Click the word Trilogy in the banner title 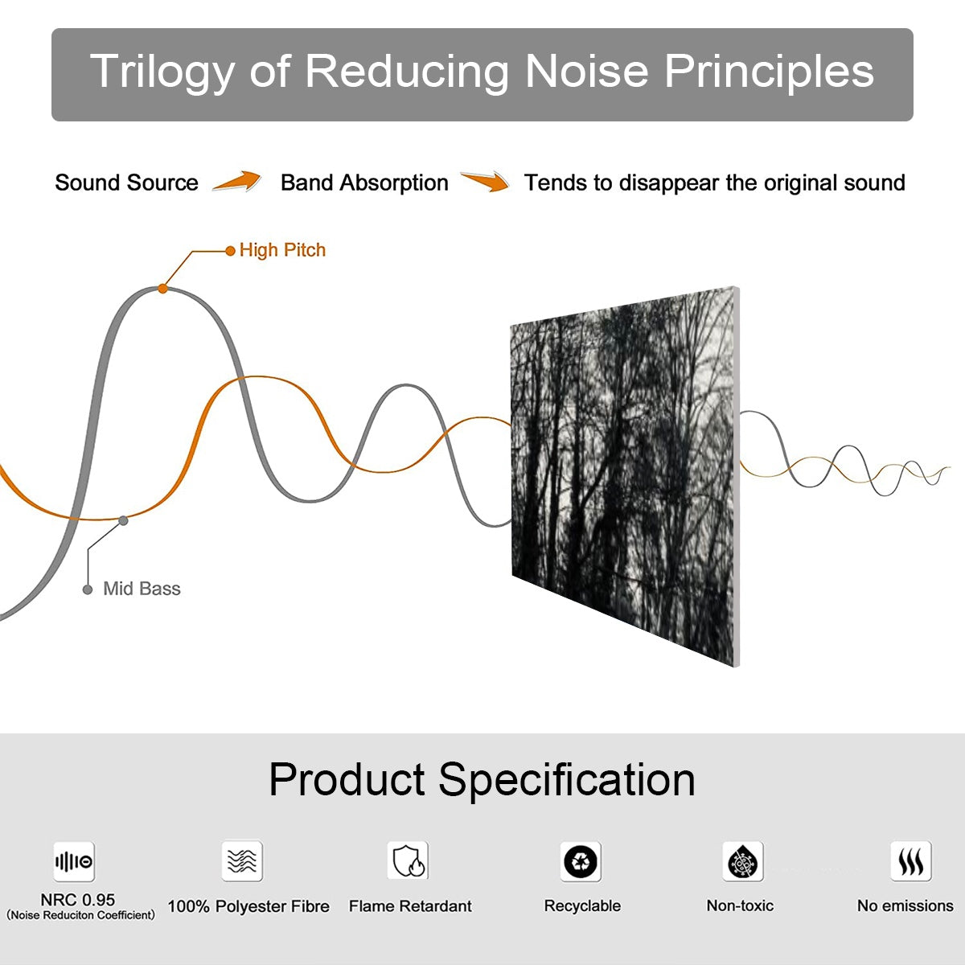pyautogui.click(x=162, y=72)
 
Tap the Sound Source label pyautogui.click(x=126, y=183)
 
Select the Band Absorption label pyautogui.click(x=364, y=183)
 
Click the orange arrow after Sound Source pyautogui.click(x=237, y=182)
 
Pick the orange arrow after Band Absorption pyautogui.click(x=485, y=182)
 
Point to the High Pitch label pyautogui.click(x=282, y=250)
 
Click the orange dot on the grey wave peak pyautogui.click(x=162, y=288)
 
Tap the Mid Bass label pyautogui.click(x=142, y=589)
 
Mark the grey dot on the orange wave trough pyautogui.click(x=123, y=520)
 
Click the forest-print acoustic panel pyautogui.click(x=623, y=474)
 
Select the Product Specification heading pyautogui.click(x=482, y=779)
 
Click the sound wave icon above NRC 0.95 pyautogui.click(x=74, y=862)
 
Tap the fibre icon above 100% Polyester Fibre pyautogui.click(x=242, y=861)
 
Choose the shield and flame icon pyautogui.click(x=408, y=861)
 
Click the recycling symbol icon pyautogui.click(x=581, y=862)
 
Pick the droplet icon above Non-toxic pyautogui.click(x=742, y=862)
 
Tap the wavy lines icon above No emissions pyautogui.click(x=910, y=862)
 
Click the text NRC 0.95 pyautogui.click(x=78, y=900)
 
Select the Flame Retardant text pyautogui.click(x=410, y=906)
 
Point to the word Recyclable pyautogui.click(x=582, y=906)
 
